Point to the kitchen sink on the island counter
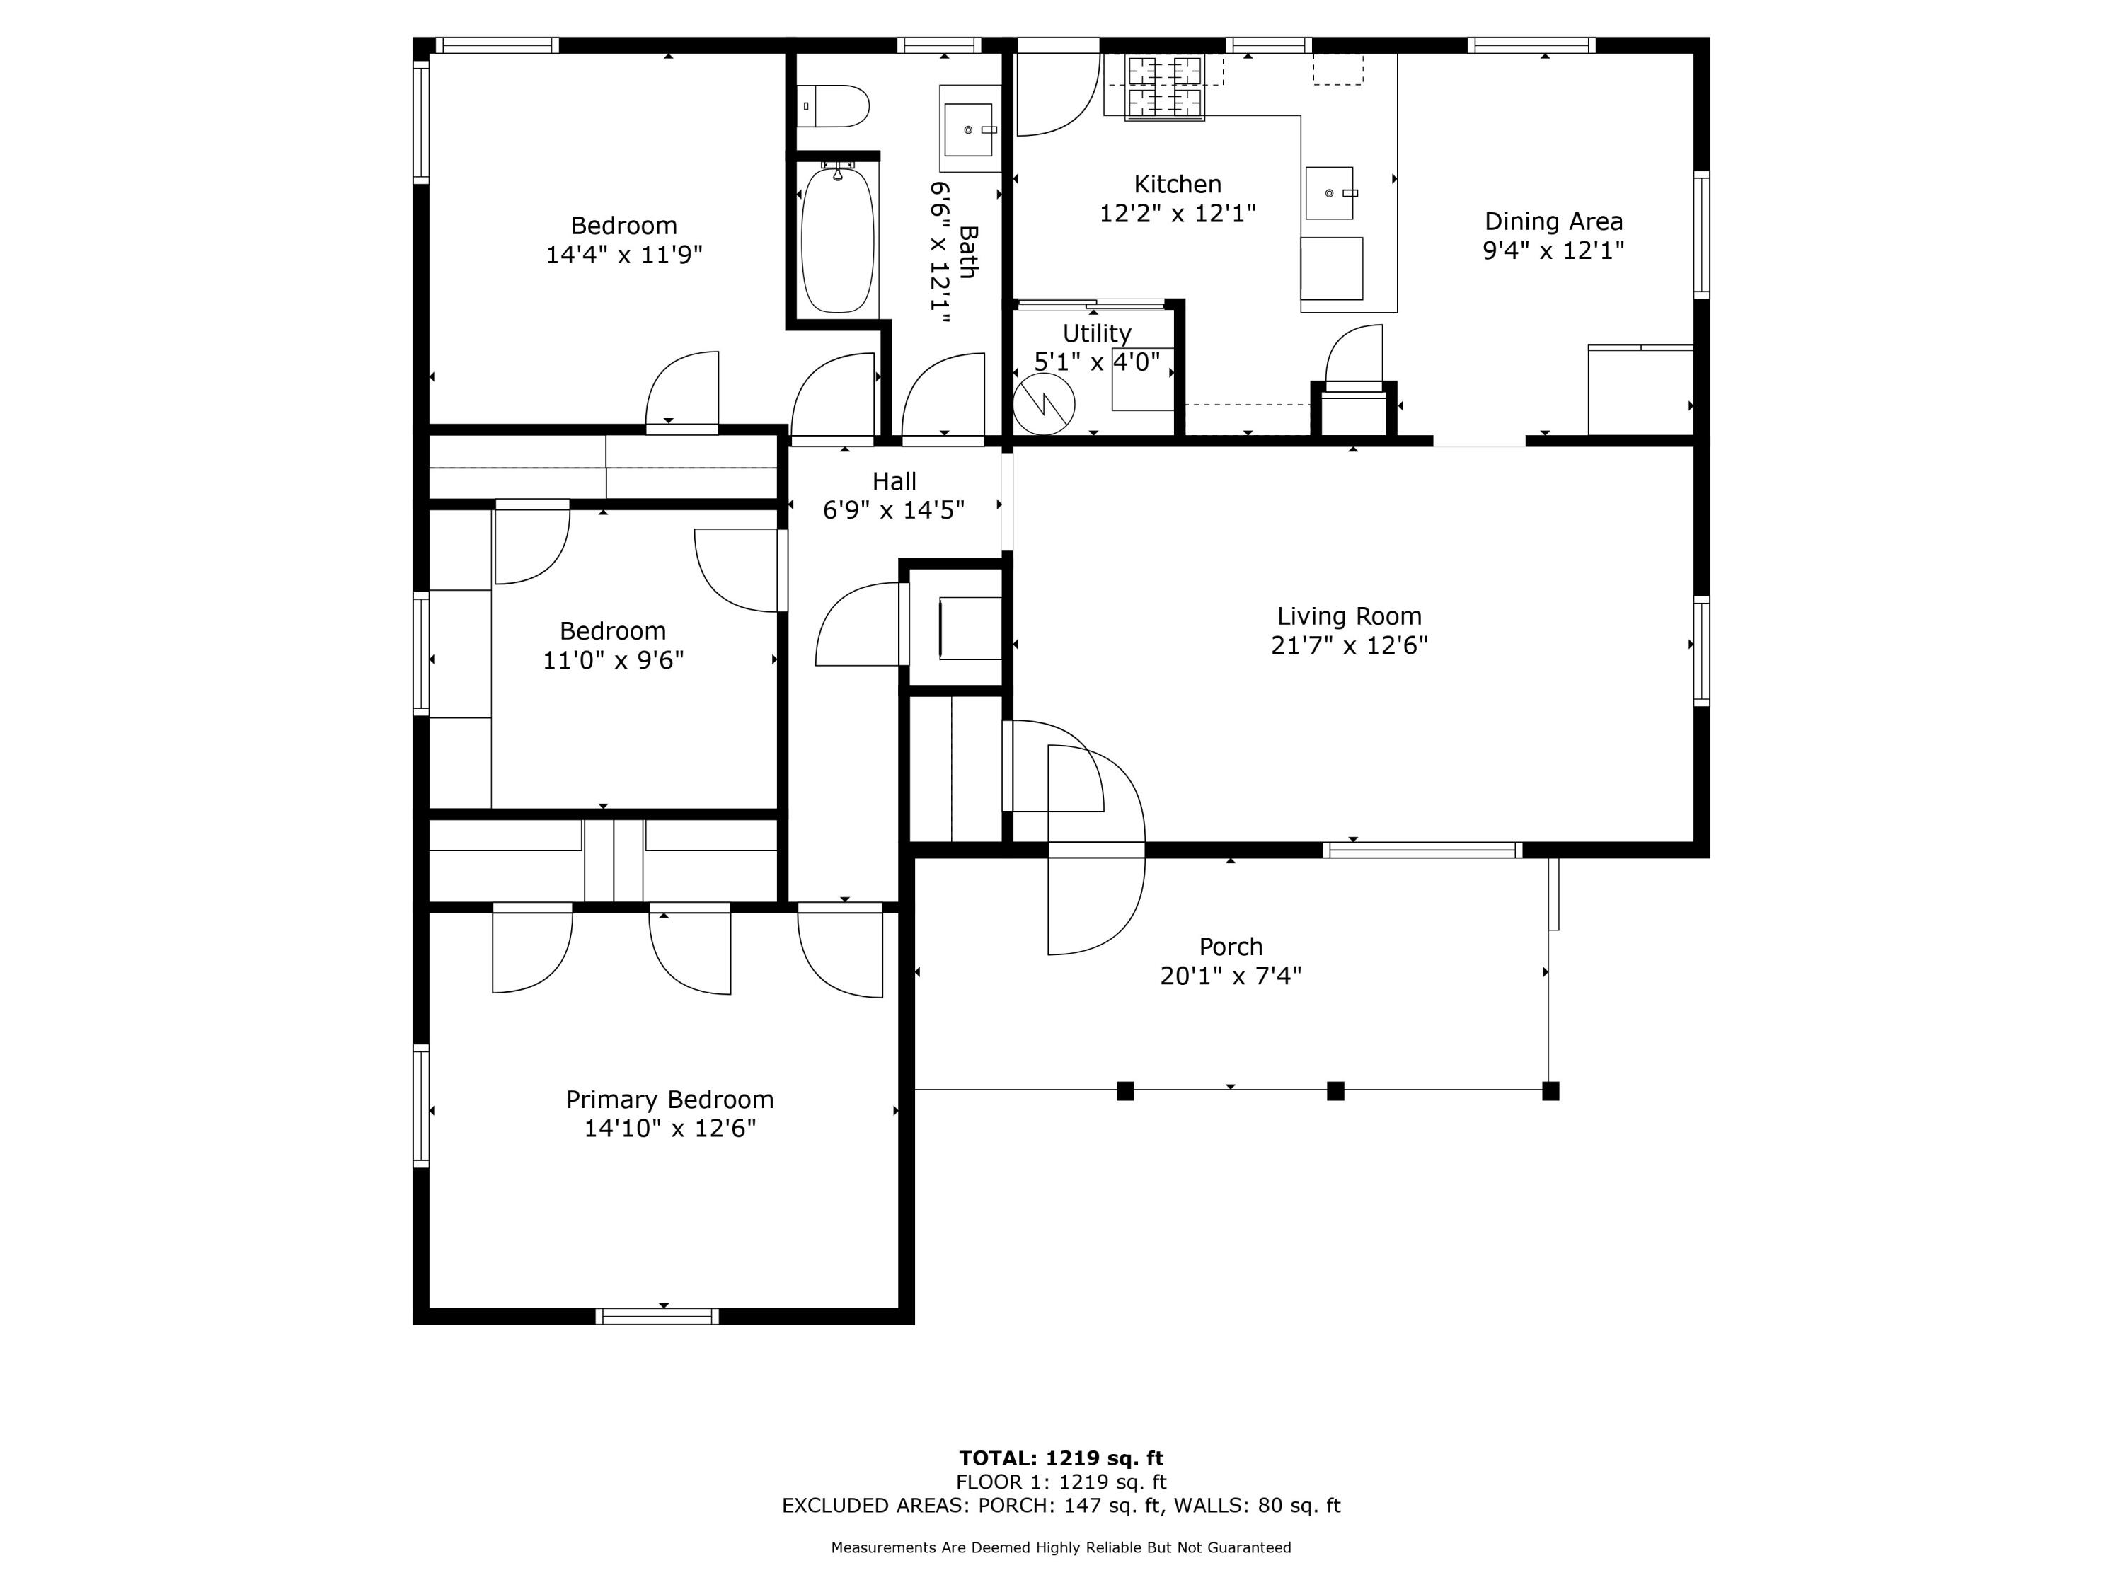point(1329,193)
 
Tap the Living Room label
point(1349,616)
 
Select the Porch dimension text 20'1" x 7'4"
point(1231,976)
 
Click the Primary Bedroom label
point(669,1099)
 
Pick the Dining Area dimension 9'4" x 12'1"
point(1553,250)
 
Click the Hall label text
point(894,480)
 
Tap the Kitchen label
point(1177,184)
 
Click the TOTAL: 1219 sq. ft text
point(1061,1458)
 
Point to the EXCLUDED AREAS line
point(1061,1505)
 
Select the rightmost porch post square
point(1550,1090)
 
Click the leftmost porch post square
point(1125,1090)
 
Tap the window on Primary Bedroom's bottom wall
point(657,1315)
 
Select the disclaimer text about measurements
point(1061,1547)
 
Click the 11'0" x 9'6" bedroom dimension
point(614,660)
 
